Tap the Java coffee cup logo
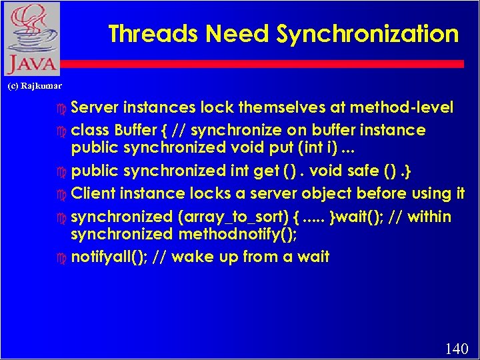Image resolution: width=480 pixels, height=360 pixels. click(x=31, y=39)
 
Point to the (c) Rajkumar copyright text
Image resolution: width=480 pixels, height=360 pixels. click(x=34, y=86)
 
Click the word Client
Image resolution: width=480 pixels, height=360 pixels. click(x=94, y=194)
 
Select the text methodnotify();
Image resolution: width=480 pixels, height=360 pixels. click(x=241, y=234)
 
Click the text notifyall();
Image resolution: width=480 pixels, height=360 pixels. click(x=108, y=257)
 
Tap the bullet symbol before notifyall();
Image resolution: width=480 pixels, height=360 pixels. click(x=62, y=257)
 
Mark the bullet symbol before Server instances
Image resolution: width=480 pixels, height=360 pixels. click(x=62, y=108)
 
